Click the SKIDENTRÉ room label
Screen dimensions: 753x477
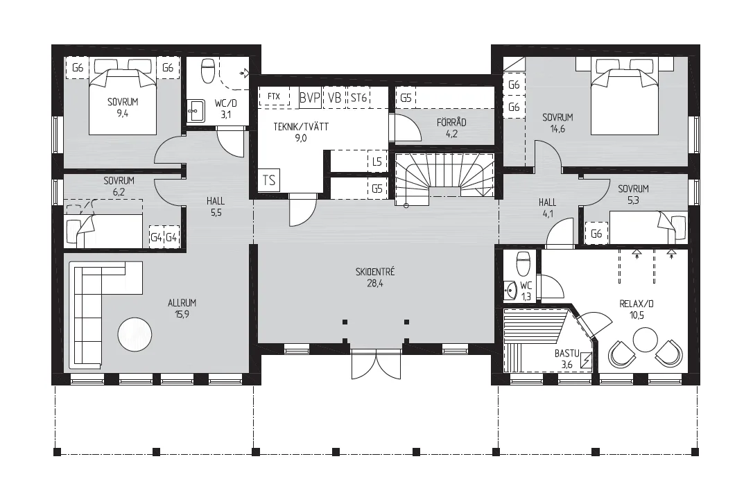pyautogui.click(x=375, y=272)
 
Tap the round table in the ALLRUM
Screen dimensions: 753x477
pyautogui.click(x=135, y=335)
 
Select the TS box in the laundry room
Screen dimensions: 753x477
pyautogui.click(x=269, y=181)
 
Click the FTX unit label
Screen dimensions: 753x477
pyautogui.click(x=274, y=96)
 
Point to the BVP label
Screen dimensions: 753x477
pyautogui.click(x=310, y=98)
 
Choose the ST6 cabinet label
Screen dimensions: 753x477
pyautogui.click(x=358, y=98)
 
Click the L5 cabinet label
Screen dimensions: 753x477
pyautogui.click(x=377, y=162)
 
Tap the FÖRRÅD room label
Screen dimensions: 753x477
pyautogui.click(x=451, y=123)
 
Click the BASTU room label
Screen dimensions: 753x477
pyautogui.click(x=566, y=354)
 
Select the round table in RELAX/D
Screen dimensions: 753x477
pyautogui.click(x=645, y=340)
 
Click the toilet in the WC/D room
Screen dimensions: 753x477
pyautogui.click(x=208, y=71)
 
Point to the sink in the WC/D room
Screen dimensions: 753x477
pyautogui.click(x=195, y=111)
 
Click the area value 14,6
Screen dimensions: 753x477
pyautogui.click(x=557, y=129)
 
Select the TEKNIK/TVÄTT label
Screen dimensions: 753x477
pyautogui.click(x=301, y=127)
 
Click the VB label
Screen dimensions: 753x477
pyautogui.click(x=335, y=98)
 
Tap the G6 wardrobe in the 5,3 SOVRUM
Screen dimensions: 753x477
pyautogui.click(x=596, y=234)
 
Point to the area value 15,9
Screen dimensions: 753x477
pyautogui.click(x=182, y=314)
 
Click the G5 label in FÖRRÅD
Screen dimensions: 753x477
pyautogui.click(x=406, y=98)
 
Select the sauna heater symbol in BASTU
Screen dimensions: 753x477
pyautogui.click(x=586, y=361)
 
